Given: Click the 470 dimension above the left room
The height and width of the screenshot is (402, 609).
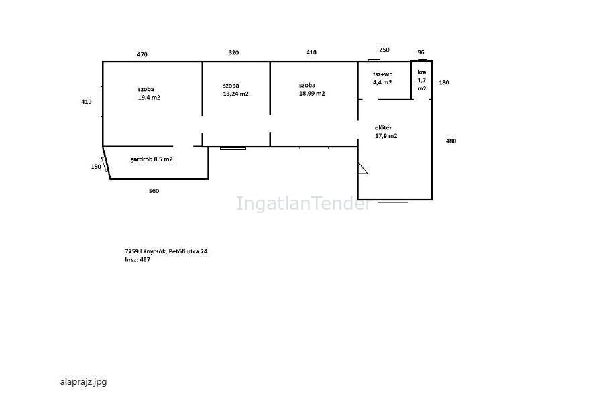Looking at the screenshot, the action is (x=142, y=55).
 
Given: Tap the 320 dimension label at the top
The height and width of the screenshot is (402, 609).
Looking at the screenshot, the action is (x=233, y=53).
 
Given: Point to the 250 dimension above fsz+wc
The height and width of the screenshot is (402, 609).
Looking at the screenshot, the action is (x=384, y=50).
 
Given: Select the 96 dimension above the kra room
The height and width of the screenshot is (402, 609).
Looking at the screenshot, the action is (x=421, y=52).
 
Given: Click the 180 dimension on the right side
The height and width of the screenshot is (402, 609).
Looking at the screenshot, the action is (x=444, y=82).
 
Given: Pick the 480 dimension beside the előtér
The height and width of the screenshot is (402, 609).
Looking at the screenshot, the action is (x=451, y=141).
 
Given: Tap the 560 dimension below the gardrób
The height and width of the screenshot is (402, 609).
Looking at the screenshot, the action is (x=154, y=191).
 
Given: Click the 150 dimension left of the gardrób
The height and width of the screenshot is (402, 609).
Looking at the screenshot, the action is (x=96, y=167).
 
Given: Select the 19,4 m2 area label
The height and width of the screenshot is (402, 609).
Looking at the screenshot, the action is (x=149, y=98).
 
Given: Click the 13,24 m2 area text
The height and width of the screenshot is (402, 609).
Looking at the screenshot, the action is (x=236, y=94).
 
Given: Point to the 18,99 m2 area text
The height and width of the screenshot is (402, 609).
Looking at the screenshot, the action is (x=312, y=94).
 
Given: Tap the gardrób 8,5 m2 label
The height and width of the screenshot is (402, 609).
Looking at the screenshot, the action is (x=152, y=159).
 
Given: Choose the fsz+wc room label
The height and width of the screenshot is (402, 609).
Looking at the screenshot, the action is (x=382, y=74).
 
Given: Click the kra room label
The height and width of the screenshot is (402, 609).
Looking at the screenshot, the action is (x=422, y=72).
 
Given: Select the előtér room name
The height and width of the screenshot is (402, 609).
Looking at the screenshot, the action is (x=384, y=128).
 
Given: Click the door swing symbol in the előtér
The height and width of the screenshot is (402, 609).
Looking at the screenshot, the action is (x=362, y=168).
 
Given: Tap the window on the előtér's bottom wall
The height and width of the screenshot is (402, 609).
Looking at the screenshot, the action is (x=392, y=201).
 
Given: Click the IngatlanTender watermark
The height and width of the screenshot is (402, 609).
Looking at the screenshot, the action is (x=303, y=204).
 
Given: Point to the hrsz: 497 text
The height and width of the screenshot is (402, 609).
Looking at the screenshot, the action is (x=137, y=259).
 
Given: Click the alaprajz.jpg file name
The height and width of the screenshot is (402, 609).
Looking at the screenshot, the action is (x=84, y=382).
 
